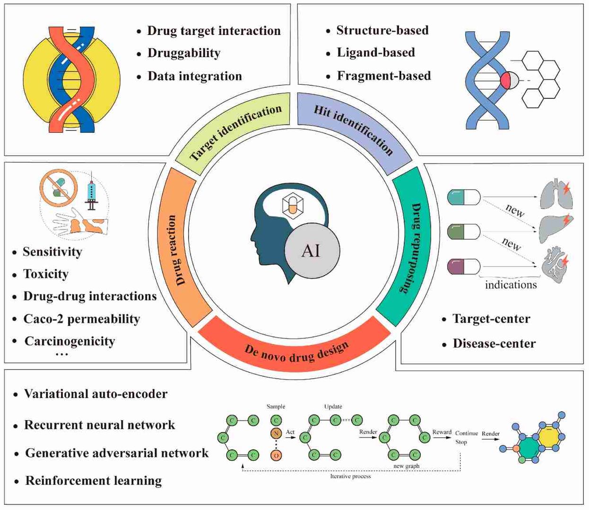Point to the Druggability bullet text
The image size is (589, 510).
coord(184,53)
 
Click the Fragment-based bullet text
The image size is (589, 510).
coord(383,76)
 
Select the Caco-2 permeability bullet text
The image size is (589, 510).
coord(81,319)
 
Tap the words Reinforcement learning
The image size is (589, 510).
coord(93,481)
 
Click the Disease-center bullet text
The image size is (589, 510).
coord(494,343)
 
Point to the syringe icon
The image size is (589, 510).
coord(92,191)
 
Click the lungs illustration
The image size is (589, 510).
coord(556,194)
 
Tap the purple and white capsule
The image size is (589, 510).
coord(464,266)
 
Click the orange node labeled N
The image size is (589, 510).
coord(276,433)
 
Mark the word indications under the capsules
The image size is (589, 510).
coord(511,285)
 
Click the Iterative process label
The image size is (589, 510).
coord(350,476)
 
